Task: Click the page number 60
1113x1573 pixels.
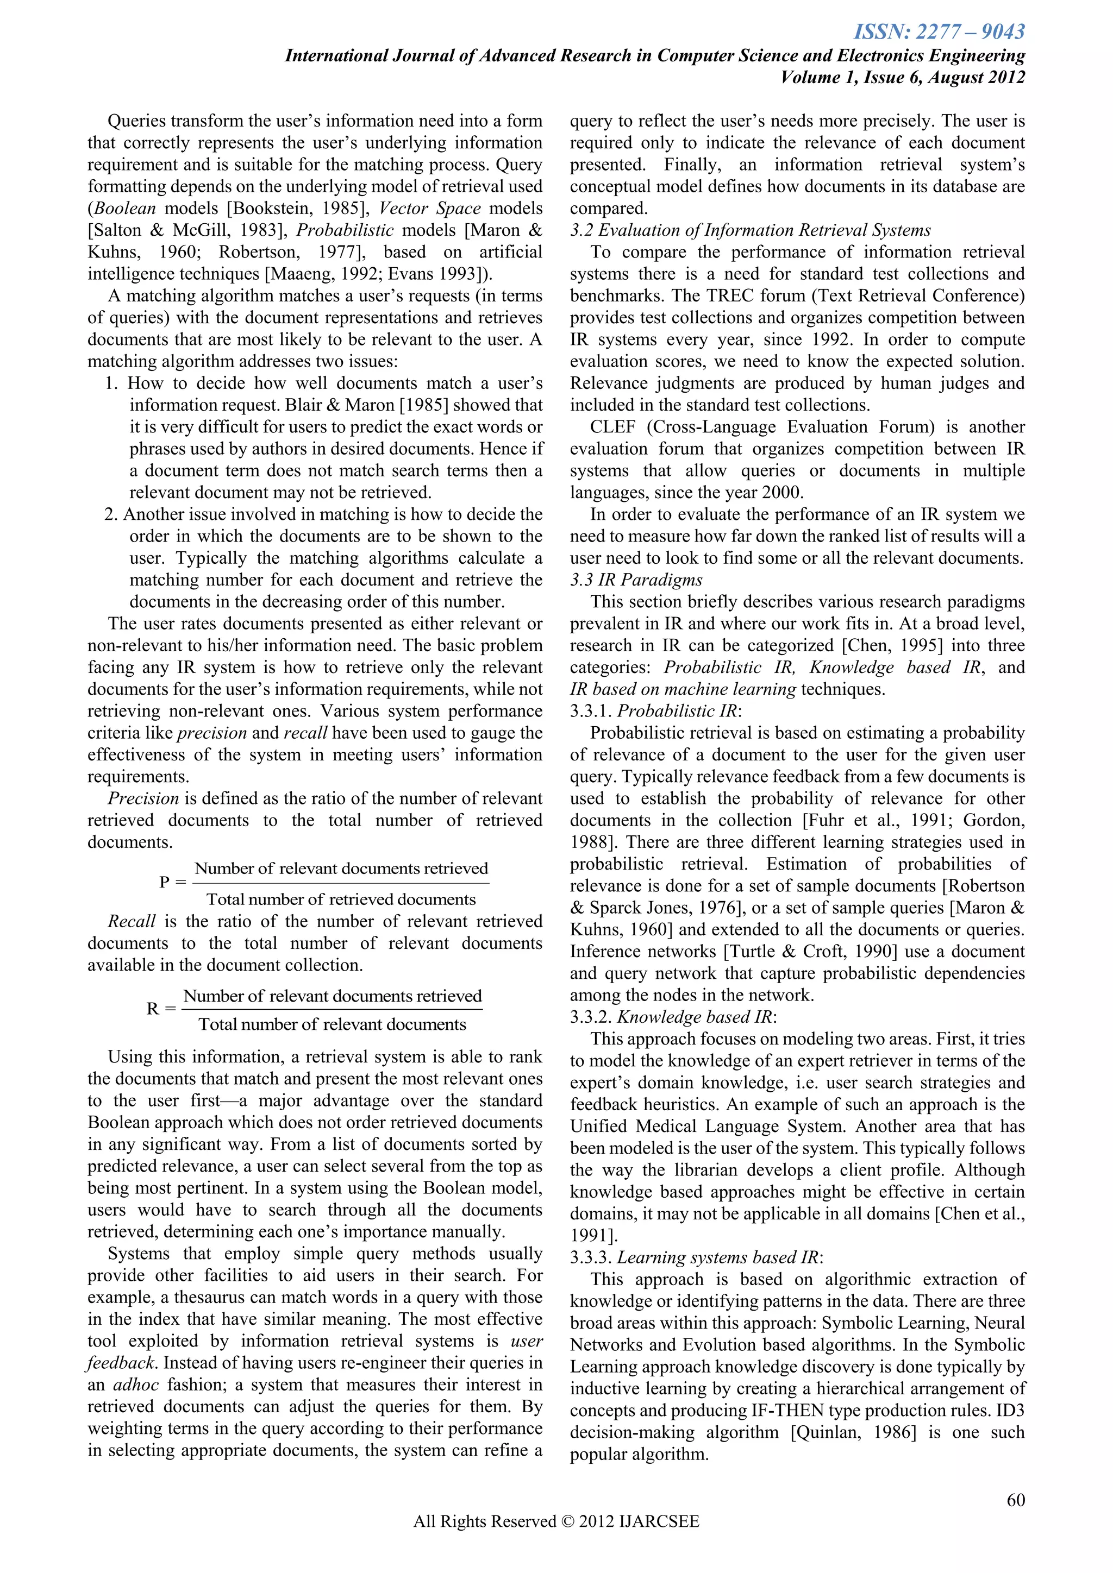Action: click(x=1016, y=1500)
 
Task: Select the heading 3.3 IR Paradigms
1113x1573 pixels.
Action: click(x=636, y=580)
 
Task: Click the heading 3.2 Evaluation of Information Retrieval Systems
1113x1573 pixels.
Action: click(x=751, y=230)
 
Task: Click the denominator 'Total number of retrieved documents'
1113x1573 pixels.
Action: click(x=341, y=899)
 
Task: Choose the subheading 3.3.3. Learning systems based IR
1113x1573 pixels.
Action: click(x=696, y=1257)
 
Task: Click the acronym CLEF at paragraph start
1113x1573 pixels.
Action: click(x=612, y=427)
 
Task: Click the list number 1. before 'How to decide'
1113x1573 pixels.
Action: click(x=112, y=383)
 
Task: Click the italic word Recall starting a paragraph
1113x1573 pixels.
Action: click(x=132, y=921)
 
